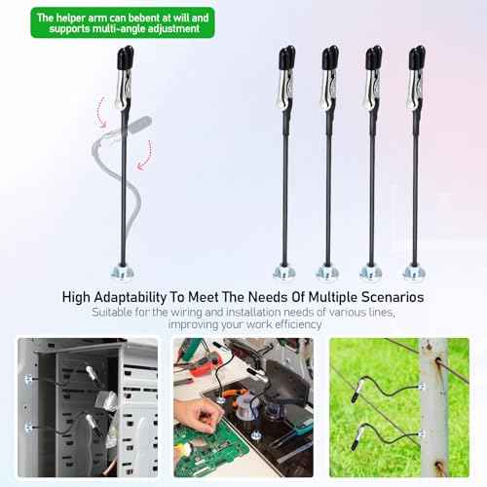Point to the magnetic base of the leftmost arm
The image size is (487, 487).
click(124, 270)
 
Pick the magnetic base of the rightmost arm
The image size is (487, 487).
click(416, 271)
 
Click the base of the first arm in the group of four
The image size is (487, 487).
click(284, 271)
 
